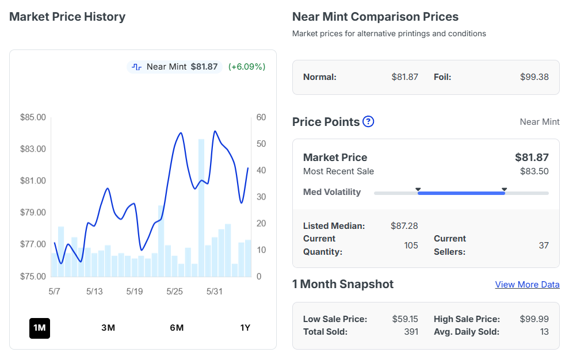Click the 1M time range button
[x=40, y=328]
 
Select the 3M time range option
[x=108, y=328]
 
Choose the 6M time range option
[x=177, y=328]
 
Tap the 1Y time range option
[x=245, y=328]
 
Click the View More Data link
[x=527, y=285]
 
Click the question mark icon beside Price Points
[x=368, y=122]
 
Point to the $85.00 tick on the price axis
[x=33, y=117]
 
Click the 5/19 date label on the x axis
[x=135, y=291]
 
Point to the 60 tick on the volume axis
[x=261, y=117]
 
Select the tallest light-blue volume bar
[x=201, y=208]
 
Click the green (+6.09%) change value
[x=247, y=67]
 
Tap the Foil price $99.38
[x=535, y=77]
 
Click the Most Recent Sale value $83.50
[x=535, y=171]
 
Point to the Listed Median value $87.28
[x=404, y=226]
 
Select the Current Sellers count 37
[x=544, y=246]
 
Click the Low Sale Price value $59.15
[x=405, y=319]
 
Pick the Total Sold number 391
[x=411, y=332]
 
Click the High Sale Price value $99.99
[x=535, y=319]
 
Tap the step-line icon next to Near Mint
[x=136, y=67]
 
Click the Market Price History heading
[x=67, y=17]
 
